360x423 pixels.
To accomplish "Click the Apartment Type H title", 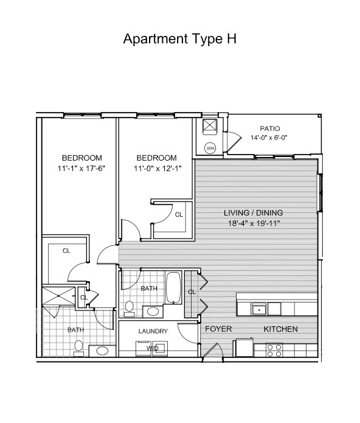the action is (x=180, y=39).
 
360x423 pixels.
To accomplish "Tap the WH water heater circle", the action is (x=210, y=148).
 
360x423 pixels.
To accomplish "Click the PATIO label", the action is (x=270, y=128).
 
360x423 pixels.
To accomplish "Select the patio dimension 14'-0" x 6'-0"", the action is (x=269, y=138).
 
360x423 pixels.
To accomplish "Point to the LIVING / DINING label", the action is (x=254, y=213).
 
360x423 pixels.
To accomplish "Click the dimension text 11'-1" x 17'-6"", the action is (x=81, y=169).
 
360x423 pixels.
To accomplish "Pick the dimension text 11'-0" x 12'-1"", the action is (x=157, y=169).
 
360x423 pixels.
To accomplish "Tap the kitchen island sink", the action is (x=259, y=309).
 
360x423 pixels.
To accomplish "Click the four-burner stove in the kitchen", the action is (x=274, y=350).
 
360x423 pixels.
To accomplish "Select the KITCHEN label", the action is (x=280, y=329).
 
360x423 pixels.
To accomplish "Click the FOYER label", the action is (x=218, y=329).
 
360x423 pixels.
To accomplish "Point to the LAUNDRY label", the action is (x=153, y=331).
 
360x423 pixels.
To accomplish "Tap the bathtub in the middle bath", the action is (x=173, y=287).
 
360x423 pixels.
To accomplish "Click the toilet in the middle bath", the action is (x=130, y=309).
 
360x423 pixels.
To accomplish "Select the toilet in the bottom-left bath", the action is (x=78, y=348).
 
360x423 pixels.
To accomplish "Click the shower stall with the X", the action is (x=58, y=296).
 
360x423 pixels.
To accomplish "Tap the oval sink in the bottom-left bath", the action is (x=102, y=351).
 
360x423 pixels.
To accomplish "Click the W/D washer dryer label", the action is (x=153, y=348).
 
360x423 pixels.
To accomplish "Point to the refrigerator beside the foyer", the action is (x=243, y=348).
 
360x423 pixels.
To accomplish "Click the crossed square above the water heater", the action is (x=210, y=125).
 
